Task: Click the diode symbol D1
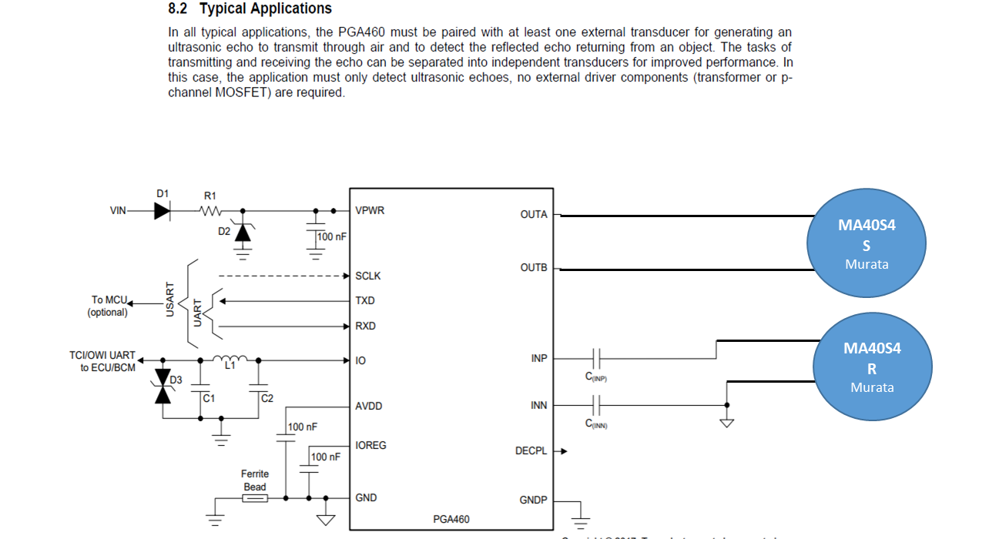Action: point(162,210)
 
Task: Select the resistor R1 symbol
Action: point(210,210)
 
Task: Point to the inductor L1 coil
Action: point(230,358)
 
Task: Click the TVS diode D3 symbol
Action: point(163,386)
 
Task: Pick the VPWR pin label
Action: point(370,210)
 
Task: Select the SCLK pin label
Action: point(367,276)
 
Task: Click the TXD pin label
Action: point(365,301)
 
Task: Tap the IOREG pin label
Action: point(370,445)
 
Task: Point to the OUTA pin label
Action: point(534,215)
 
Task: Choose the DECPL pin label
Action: point(531,451)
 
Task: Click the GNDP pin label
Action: point(533,500)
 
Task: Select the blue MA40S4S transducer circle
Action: point(866,243)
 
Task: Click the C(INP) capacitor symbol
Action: point(597,358)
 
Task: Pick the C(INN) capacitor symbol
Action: point(597,405)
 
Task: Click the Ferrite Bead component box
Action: point(255,498)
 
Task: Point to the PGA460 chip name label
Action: point(451,519)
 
